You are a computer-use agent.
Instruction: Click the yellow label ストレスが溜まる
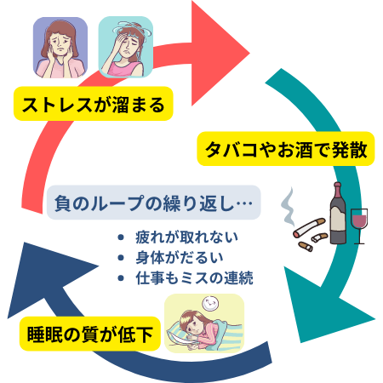94,104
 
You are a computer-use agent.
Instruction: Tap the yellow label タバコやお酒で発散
286,149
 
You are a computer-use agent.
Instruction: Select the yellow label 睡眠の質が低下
90,334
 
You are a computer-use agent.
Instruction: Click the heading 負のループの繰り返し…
153,203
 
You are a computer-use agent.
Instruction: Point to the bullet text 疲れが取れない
186,237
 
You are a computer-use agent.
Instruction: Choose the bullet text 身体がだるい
180,257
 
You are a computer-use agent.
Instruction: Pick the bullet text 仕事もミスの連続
194,277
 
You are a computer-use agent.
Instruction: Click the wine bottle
338,213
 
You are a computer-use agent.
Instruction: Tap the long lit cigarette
309,227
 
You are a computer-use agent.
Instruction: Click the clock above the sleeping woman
210,303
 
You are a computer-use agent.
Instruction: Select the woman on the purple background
60,48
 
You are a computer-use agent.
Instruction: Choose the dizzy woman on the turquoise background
126,47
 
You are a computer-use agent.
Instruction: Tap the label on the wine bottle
337,218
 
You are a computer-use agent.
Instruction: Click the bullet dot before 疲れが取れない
121,237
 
